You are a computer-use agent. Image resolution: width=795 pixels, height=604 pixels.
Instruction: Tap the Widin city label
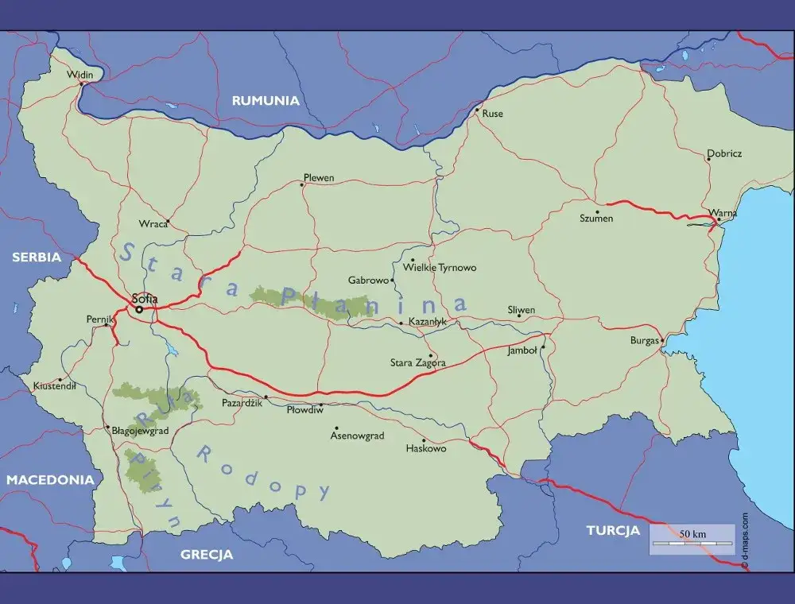[x=80, y=75]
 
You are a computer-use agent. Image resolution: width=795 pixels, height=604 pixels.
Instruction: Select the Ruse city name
[x=492, y=114]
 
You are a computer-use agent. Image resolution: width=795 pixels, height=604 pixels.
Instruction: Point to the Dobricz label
[x=724, y=153]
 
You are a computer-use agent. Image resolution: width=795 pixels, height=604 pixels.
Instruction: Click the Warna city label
[x=724, y=213]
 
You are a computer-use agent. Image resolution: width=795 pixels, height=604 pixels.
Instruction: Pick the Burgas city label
[x=644, y=340]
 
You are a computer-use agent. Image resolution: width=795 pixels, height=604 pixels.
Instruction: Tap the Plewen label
[x=319, y=178]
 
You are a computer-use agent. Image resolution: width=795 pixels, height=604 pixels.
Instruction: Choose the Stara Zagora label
[x=417, y=363]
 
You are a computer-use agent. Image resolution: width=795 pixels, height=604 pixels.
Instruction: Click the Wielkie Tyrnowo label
[x=440, y=268]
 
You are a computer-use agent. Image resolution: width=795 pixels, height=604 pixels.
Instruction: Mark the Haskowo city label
[x=426, y=449]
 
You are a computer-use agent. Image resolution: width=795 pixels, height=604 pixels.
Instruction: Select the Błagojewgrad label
[x=140, y=431]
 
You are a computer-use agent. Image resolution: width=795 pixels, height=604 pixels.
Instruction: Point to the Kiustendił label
[x=54, y=386]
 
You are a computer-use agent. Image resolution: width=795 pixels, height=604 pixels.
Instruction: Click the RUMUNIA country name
[x=266, y=101]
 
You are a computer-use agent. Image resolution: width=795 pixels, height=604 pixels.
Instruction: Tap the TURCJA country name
[x=612, y=530]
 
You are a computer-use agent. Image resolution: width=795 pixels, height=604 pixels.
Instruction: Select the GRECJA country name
[x=206, y=555]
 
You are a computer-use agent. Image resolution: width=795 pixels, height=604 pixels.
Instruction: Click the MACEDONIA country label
[x=50, y=480]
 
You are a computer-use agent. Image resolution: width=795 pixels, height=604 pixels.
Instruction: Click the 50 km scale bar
[x=691, y=540]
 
